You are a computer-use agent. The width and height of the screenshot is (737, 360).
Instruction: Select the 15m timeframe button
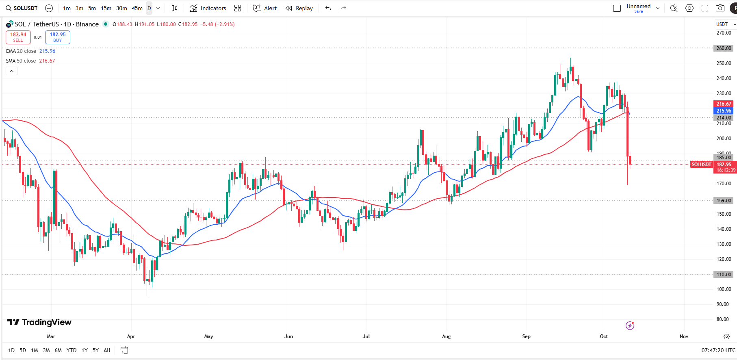[106, 8]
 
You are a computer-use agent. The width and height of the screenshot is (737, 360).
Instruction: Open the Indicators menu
[208, 8]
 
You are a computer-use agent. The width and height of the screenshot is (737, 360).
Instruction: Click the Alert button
[265, 8]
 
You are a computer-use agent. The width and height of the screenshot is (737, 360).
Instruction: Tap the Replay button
[299, 8]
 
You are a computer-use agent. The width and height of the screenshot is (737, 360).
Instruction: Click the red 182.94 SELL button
[18, 37]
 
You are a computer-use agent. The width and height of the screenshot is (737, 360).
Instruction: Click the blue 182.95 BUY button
[58, 37]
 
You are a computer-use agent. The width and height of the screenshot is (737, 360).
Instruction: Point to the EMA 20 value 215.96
[47, 51]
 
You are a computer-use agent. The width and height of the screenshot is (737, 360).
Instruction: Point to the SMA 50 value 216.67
[47, 61]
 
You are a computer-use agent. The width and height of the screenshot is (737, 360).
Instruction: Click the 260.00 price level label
[724, 48]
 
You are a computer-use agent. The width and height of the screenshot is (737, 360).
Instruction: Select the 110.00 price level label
[724, 275]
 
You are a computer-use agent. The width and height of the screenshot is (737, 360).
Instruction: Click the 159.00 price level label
[724, 201]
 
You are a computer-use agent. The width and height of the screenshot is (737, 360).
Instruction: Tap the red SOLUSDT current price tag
[702, 165]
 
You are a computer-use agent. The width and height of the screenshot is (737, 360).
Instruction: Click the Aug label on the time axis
[446, 336]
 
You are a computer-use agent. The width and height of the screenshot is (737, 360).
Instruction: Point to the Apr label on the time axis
[131, 336]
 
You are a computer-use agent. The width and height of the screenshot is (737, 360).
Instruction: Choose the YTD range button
[72, 350]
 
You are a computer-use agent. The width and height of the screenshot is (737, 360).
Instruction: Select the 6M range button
[58, 350]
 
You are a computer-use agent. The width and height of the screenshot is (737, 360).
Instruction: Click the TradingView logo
[39, 322]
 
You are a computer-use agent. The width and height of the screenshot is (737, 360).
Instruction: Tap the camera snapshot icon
[720, 8]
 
